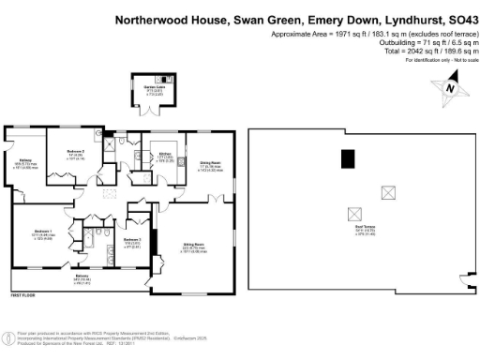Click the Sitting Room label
coord(194,248)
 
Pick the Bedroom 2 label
coord(131,241)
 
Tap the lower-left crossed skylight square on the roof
coord(354,213)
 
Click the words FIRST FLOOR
coord(24,296)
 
